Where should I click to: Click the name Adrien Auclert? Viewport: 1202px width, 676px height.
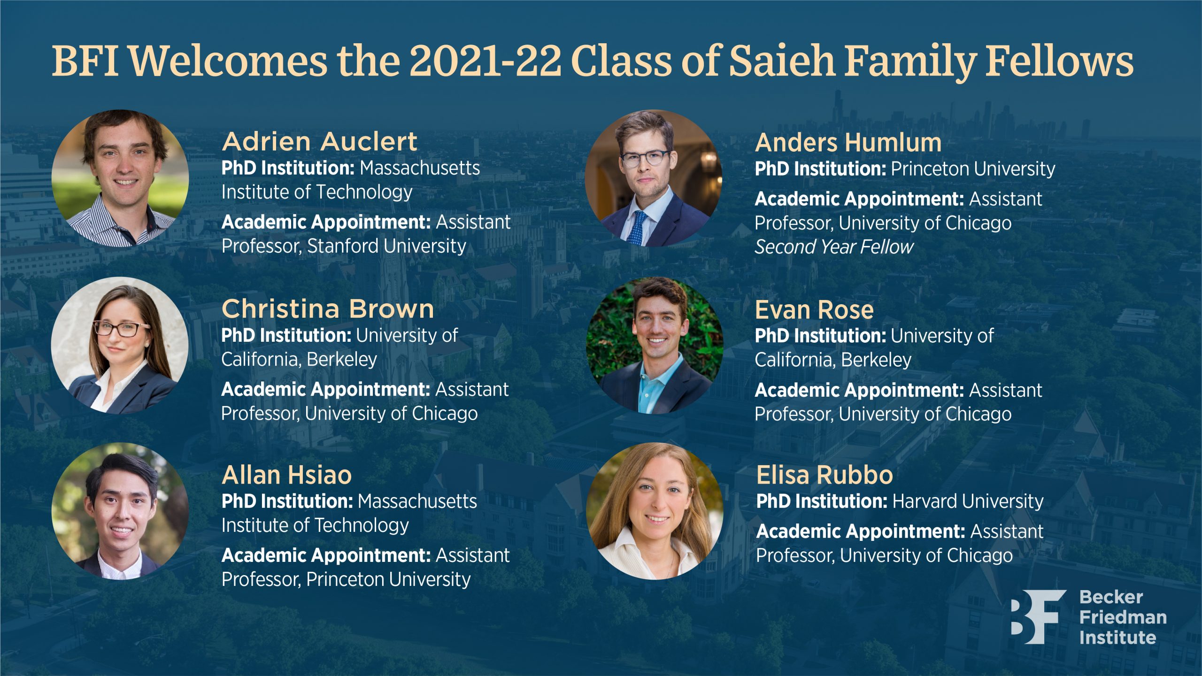[319, 142]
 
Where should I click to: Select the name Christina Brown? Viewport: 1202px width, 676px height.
[328, 309]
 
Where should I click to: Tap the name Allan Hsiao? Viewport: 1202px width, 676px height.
[287, 475]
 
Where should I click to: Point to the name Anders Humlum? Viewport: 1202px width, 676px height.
[848, 143]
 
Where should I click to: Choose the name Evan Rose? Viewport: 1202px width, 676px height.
[814, 310]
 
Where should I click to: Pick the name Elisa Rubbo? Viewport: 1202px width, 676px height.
[824, 475]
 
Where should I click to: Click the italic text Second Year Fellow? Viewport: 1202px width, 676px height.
[834, 247]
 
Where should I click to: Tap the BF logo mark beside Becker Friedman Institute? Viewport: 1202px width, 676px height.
[1038, 617]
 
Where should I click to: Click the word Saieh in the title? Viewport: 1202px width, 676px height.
[781, 61]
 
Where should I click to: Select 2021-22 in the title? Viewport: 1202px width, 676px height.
[485, 61]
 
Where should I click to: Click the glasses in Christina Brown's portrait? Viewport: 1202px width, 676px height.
[122, 329]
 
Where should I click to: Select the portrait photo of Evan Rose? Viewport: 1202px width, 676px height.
[655, 345]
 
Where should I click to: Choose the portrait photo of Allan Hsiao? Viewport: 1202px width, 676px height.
[120, 511]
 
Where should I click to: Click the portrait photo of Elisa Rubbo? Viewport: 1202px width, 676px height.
[655, 511]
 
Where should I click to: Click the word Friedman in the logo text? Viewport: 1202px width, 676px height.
[1123, 617]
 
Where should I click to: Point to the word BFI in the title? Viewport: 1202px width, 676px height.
[85, 61]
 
